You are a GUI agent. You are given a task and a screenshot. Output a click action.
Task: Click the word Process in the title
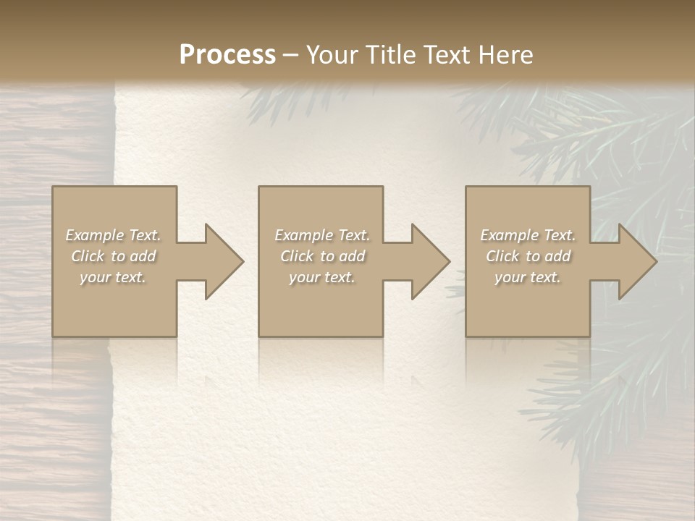pos(227,55)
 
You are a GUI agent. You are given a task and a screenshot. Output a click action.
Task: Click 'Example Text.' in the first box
pos(113,235)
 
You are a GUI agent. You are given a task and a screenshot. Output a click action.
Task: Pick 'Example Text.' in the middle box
pos(322,235)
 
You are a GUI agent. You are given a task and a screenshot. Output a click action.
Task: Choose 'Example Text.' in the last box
pos(528,235)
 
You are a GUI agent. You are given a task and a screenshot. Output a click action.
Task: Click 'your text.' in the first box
pos(113,277)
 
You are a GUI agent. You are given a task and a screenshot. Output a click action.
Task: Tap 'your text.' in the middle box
pos(322,277)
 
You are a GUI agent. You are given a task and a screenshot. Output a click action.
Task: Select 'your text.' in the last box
pos(528,277)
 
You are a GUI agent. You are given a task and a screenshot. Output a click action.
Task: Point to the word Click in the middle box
pos(297,256)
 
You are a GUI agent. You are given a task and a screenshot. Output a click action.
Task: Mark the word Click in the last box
pos(502,256)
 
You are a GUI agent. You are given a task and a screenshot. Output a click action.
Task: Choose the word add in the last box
pos(557,256)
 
